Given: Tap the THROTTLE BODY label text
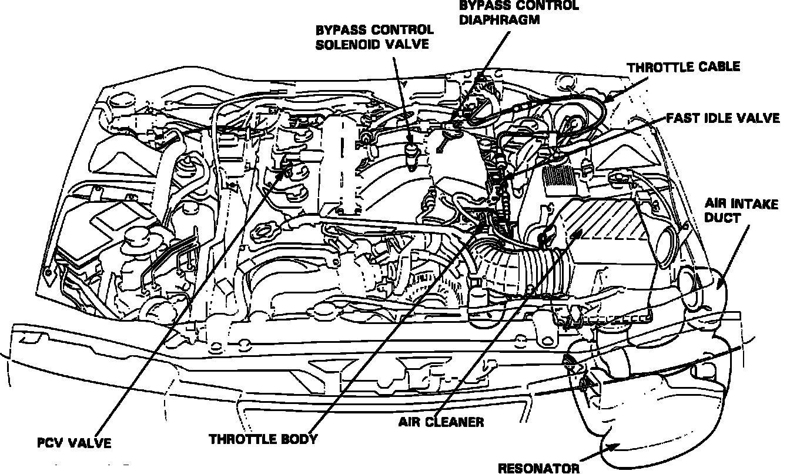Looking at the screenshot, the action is (263, 439).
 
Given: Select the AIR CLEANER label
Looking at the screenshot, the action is (441, 422).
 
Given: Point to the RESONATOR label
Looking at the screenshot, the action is (538, 468).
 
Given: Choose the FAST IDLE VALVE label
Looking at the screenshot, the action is (722, 118).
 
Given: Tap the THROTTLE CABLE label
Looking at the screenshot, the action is (683, 67).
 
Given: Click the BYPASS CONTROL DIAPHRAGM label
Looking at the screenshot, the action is (518, 12).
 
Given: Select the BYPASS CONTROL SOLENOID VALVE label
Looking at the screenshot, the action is (374, 37).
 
